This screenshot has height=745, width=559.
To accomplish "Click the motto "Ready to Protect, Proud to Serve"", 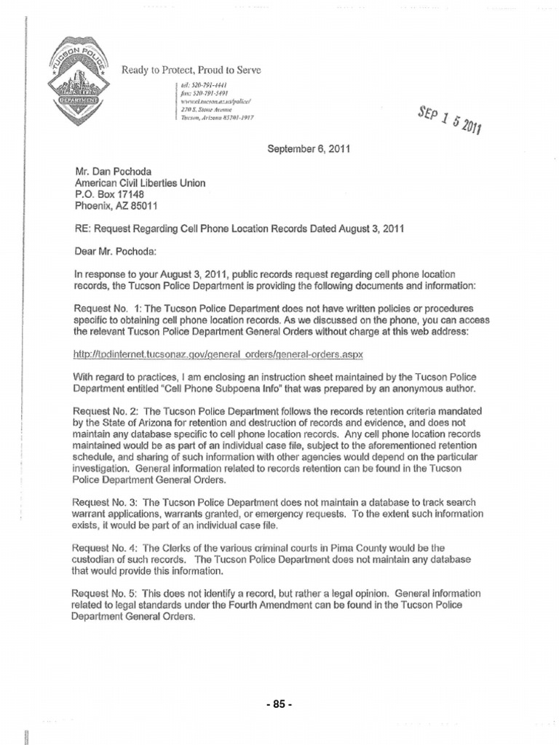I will point(191,70).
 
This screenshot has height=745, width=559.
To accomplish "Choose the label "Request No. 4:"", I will point(106,547).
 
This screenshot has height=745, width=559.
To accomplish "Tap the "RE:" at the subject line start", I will point(82,228).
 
